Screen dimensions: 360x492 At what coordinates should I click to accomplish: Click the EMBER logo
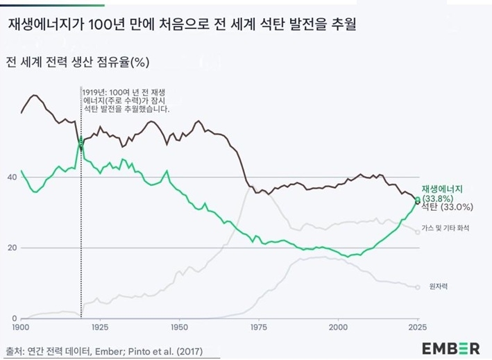pos(451,347)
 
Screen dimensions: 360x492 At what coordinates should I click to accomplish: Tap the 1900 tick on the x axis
pos(21,326)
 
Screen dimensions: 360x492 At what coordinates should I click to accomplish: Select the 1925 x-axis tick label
pos(101,326)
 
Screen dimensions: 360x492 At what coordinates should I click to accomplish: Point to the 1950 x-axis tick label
pos(180,326)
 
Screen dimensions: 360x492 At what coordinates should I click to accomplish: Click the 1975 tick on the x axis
pos(260,326)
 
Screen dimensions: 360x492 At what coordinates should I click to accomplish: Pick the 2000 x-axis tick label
pos(339,326)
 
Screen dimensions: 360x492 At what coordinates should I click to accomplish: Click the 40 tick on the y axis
pos(12,177)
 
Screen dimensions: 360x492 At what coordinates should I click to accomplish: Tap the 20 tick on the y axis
pos(12,248)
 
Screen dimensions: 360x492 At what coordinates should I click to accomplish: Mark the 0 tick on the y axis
pos(14,318)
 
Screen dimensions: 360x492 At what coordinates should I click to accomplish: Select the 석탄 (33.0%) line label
pos(448,207)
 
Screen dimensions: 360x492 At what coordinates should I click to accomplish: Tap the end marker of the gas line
pos(418,232)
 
